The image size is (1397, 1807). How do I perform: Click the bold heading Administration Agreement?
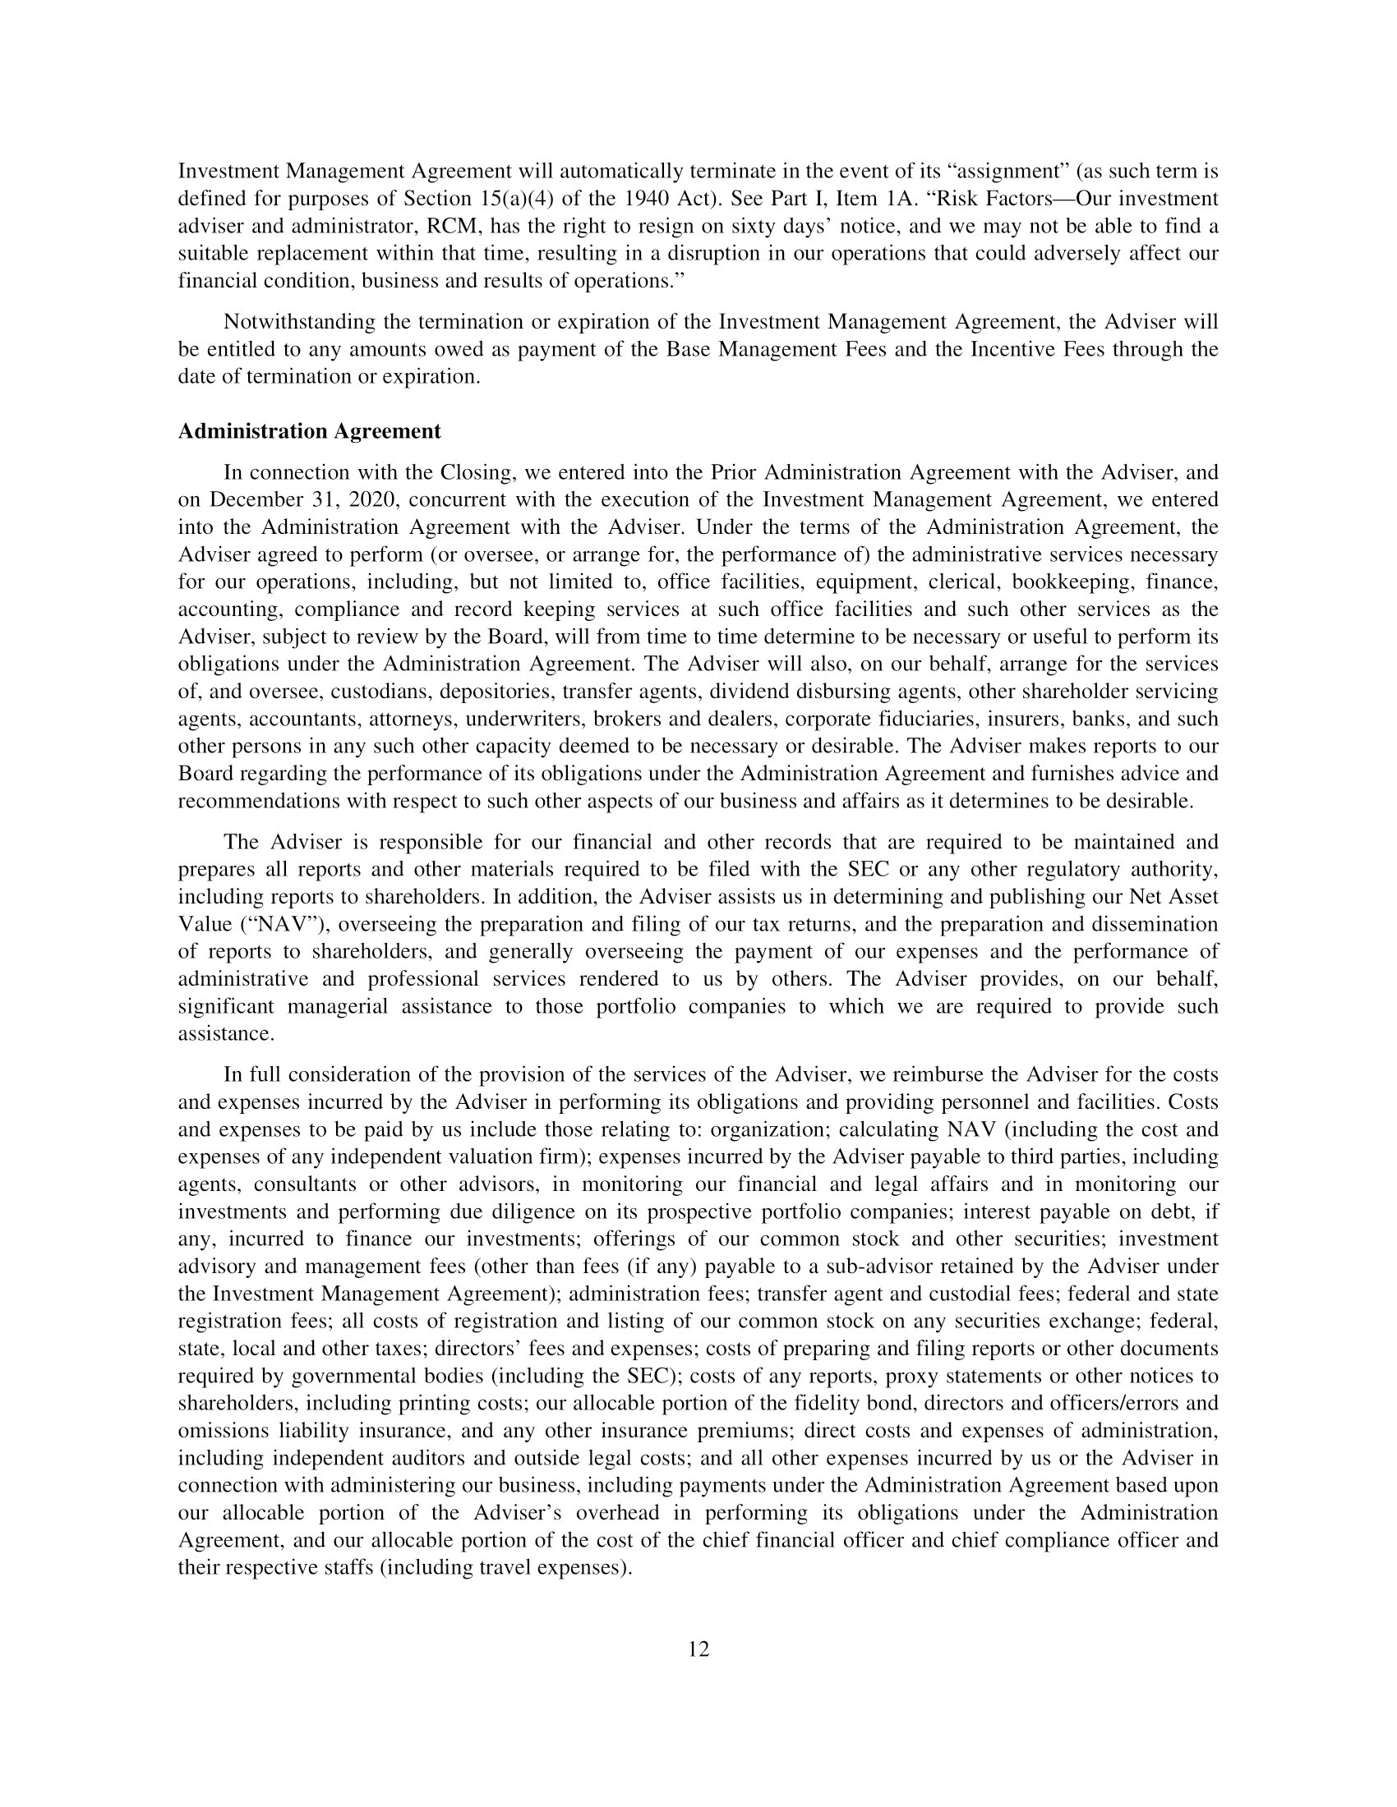pos(310,431)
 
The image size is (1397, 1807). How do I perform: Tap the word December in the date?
pos(256,499)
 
